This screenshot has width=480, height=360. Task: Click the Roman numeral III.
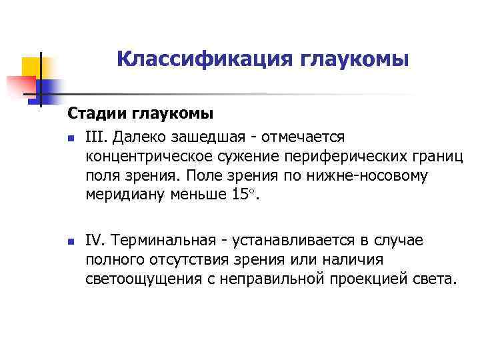pos(95,137)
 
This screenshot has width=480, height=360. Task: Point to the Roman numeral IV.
pos(96,239)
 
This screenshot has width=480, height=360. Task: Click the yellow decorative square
pos(32,67)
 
